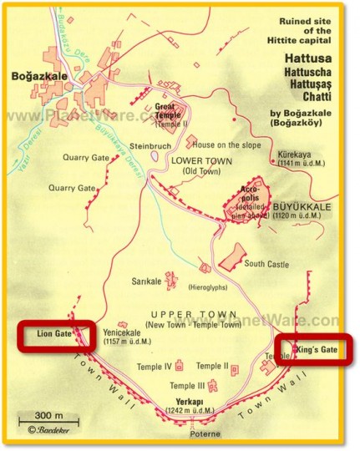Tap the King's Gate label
(321, 350)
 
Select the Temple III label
(187, 385)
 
